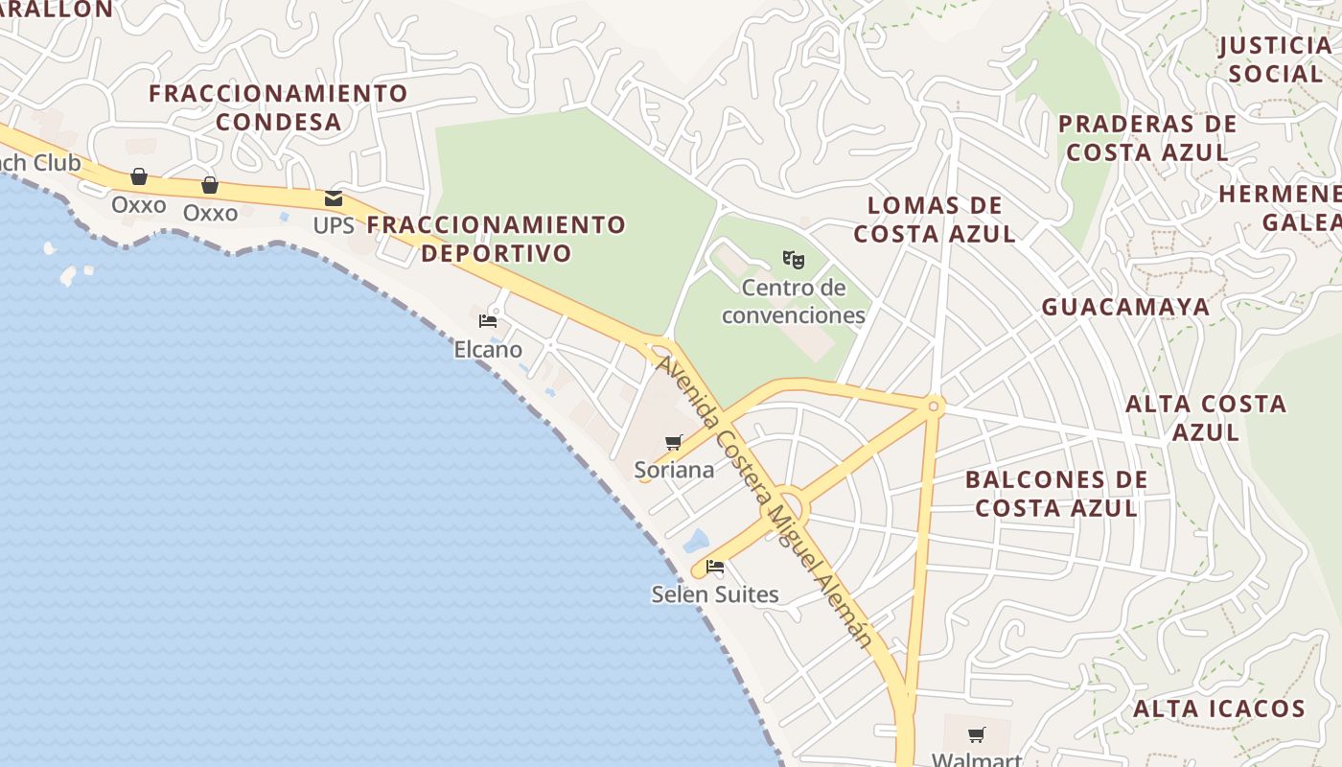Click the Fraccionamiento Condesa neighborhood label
(278, 107)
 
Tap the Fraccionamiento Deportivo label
(496, 239)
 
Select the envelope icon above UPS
(334, 198)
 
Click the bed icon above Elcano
(488, 321)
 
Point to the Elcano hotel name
(488, 350)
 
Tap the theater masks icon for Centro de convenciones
(793, 260)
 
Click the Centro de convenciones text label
(793, 301)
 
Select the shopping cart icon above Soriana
(674, 442)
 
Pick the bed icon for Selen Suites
(714, 567)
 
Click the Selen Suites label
(715, 594)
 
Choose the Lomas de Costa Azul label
(935, 220)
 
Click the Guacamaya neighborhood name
(1125, 307)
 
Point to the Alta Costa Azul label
(1206, 418)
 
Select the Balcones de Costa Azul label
(1056, 494)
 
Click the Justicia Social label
(1275, 59)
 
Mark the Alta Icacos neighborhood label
(1219, 709)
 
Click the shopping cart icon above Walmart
(976, 735)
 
